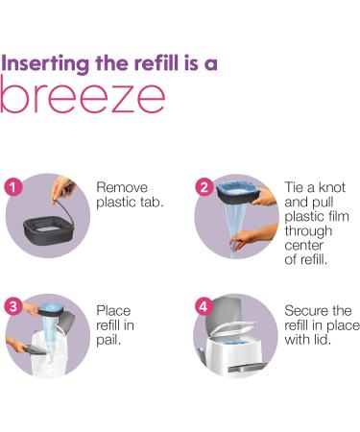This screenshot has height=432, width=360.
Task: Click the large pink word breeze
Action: pyautogui.click(x=83, y=95)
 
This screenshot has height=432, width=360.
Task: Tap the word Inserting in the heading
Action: pyautogui.click(x=45, y=63)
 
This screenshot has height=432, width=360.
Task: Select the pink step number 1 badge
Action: pyautogui.click(x=13, y=187)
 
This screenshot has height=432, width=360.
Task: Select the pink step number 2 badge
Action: pyautogui.click(x=204, y=187)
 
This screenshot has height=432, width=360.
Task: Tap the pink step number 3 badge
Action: pyautogui.click(x=13, y=307)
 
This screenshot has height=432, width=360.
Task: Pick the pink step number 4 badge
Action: pyautogui.click(x=204, y=307)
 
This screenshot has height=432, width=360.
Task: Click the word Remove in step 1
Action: pyautogui.click(x=122, y=187)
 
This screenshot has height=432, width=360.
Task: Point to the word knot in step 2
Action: pyautogui.click(x=330, y=187)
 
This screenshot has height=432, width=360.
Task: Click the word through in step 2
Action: pyautogui.click(x=308, y=231)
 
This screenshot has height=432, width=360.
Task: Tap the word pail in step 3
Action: pyautogui.click(x=108, y=340)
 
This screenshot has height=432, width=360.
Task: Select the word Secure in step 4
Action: pyautogui.click(x=306, y=311)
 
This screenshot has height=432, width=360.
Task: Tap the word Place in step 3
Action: pyautogui.click(x=113, y=311)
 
